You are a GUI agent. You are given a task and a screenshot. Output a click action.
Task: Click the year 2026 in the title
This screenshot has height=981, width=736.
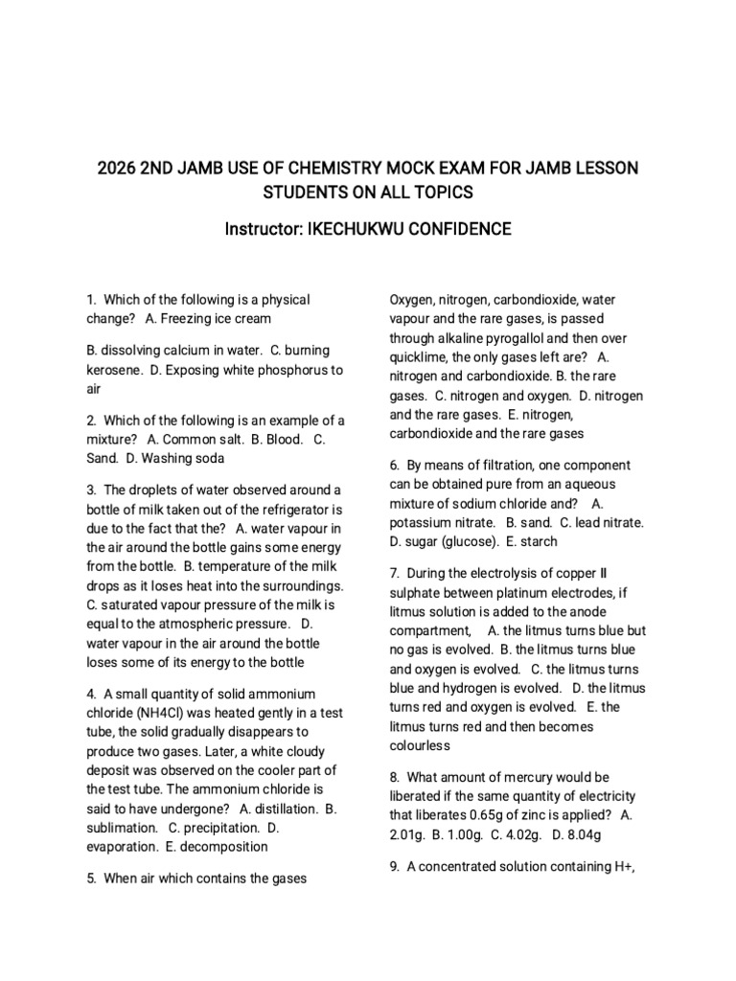pyautogui.click(x=116, y=170)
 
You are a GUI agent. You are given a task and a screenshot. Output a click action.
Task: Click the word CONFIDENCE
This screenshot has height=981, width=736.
pyautogui.click(x=459, y=229)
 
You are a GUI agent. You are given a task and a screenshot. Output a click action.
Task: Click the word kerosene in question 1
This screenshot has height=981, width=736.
pyautogui.click(x=115, y=371)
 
